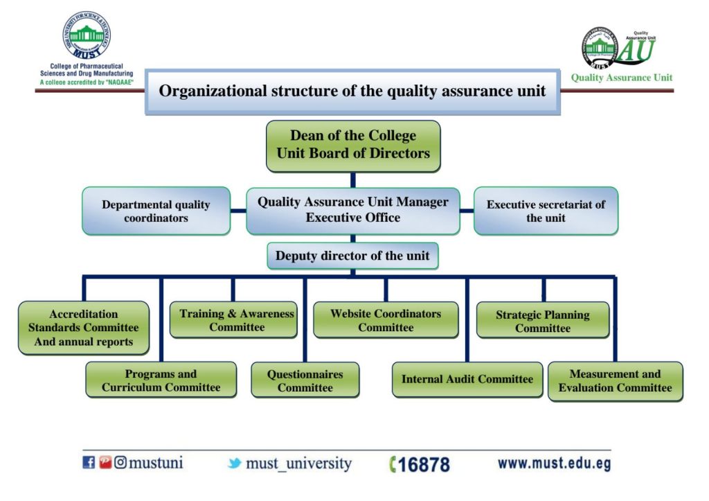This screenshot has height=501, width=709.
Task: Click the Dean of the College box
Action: click(353, 146)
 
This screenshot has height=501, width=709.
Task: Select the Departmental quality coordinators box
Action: click(156, 211)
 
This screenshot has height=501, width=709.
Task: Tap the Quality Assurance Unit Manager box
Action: click(353, 210)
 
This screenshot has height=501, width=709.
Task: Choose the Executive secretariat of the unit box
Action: click(546, 211)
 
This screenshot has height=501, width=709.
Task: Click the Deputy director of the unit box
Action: click(352, 256)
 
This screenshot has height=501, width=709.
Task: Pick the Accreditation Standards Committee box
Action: click(84, 328)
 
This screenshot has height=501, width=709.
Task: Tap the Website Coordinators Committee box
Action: click(386, 320)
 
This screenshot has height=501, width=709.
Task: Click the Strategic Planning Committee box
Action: click(543, 321)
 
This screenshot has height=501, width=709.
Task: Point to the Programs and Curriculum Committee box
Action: click(161, 380)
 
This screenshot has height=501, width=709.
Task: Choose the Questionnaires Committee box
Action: click(305, 380)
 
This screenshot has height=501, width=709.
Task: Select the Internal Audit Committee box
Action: click(467, 380)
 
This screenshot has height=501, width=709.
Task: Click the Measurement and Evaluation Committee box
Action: click(616, 380)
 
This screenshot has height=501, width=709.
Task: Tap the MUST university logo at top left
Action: click(87, 35)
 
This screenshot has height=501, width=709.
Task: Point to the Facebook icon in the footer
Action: click(89, 463)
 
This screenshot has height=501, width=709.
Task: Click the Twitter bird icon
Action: click(235, 464)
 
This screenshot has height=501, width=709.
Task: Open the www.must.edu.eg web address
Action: click(554, 464)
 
